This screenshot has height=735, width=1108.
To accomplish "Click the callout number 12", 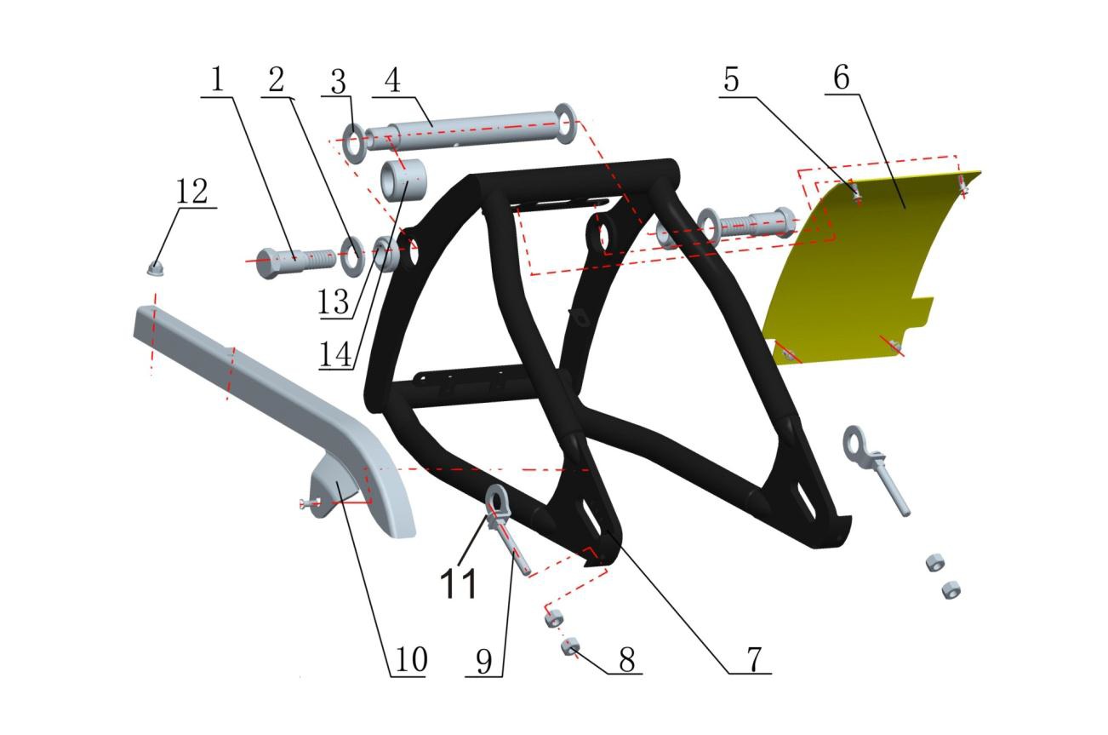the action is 192,191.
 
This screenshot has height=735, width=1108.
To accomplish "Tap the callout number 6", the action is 842,78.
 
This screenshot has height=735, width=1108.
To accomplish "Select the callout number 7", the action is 753,659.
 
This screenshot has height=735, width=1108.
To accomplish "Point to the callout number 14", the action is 335,354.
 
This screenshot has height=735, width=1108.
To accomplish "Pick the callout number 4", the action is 392,80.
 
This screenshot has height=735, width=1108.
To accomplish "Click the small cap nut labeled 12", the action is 155,269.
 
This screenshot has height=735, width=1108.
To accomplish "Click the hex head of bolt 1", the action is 267,263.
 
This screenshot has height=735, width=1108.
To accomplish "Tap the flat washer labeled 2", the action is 353,257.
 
